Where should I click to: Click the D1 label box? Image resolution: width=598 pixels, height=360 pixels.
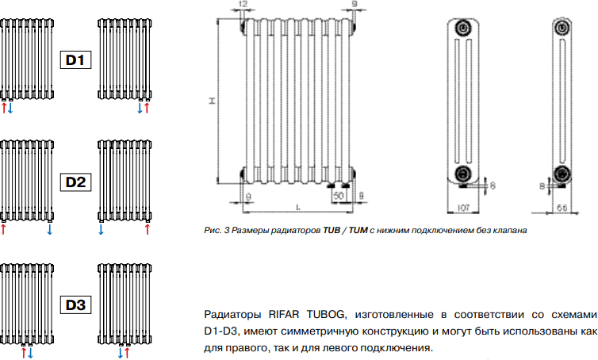[x=75, y=60]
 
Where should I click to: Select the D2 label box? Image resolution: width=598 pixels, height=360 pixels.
[x=75, y=182]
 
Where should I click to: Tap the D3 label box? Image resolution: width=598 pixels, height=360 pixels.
[x=75, y=304]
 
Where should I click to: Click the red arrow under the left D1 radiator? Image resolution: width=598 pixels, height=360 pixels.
[x=4, y=108]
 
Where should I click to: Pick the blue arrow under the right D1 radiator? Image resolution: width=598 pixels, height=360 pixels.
[x=140, y=108]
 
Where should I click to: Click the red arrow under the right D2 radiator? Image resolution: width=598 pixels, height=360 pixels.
[x=148, y=229]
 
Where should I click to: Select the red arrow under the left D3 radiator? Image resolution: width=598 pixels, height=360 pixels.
[x=24, y=353]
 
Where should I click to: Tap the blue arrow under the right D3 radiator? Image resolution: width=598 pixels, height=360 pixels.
[x=120, y=353]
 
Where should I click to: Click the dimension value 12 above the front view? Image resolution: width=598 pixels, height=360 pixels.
[x=243, y=4]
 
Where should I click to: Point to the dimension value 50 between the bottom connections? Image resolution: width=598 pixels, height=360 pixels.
[x=339, y=196]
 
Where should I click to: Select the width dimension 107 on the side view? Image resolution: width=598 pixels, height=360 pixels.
[x=463, y=208]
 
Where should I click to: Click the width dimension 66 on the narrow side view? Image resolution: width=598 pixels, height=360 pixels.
[x=562, y=208]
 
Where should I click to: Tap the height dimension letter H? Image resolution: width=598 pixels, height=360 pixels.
[x=212, y=101]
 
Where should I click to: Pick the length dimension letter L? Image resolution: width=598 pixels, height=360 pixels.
[x=298, y=208]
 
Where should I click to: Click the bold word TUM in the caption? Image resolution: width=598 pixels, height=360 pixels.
[x=358, y=230]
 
